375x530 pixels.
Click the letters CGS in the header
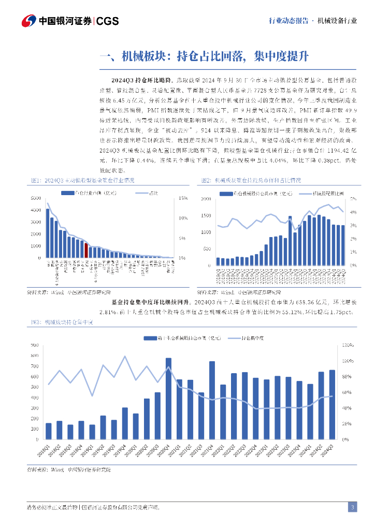108,21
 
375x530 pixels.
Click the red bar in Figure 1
86,250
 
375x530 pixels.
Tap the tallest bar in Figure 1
48,233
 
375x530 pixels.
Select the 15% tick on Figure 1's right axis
183,198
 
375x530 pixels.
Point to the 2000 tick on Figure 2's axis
206,199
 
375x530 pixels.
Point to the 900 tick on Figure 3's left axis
35,345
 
